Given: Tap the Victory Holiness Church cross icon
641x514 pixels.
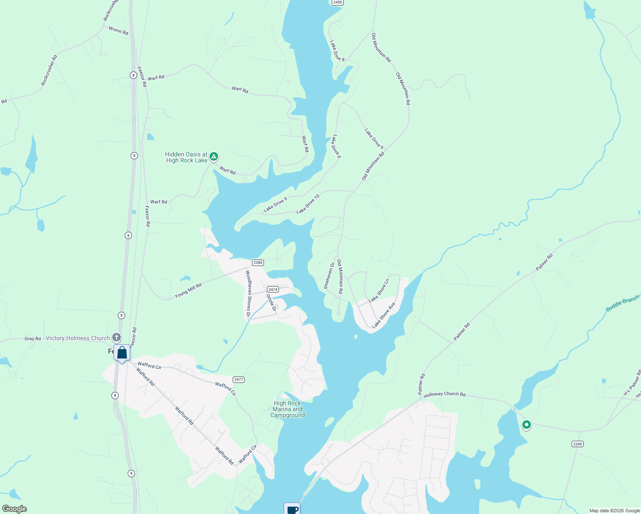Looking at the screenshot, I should pos(117,338).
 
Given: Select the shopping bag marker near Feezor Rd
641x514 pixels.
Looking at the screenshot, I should pos(122,353).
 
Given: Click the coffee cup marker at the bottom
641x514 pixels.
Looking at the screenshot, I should pos(292,509).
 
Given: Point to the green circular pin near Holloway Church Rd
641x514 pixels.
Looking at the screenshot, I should pos(527,424).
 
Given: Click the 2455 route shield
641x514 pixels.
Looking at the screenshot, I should pos(337,2).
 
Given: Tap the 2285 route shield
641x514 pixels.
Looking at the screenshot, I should pos(258,263).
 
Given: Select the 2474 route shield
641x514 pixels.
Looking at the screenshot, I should pos(273,290).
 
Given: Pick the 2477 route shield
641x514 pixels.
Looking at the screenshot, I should pos(239,380).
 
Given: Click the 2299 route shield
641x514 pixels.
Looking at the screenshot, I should pos(577,444).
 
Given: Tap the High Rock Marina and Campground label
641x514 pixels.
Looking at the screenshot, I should pos(288,409).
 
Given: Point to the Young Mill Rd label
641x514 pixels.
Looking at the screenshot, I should pos(188,291).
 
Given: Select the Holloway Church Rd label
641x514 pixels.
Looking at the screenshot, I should pos(444,394).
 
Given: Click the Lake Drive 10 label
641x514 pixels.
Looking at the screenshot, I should pos(308,204).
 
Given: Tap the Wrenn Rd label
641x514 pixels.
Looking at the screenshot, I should pos(118,30).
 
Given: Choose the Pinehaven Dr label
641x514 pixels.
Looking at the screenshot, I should pos(329,276).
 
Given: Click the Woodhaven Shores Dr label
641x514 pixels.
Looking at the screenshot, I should pos(248,293).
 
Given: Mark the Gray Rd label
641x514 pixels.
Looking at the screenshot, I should pos(33,338).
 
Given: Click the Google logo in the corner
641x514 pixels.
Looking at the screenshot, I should pos(15,509).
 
